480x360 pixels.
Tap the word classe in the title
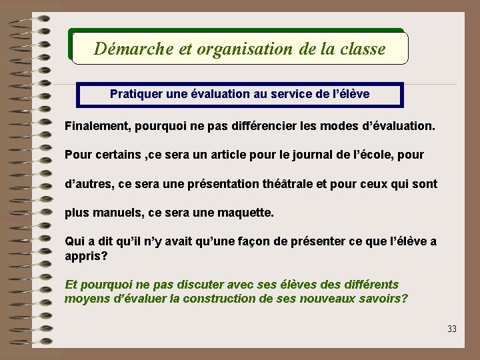(362, 49)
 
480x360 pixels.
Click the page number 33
(452, 329)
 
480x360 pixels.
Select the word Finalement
(97, 125)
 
